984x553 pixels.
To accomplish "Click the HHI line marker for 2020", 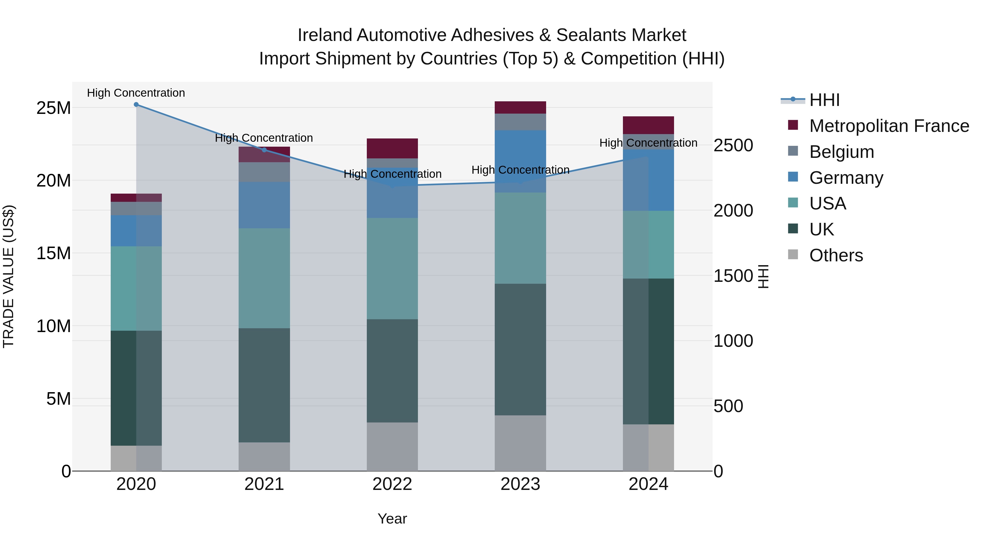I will pos(136,105).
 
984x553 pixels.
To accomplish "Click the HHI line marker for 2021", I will pos(264,150).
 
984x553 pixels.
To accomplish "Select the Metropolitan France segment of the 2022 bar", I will pos(392,149).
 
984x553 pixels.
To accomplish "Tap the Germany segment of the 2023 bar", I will pos(520,161).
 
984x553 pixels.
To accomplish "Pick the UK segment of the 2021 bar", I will pos(264,385).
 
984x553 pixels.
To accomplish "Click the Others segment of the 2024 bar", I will pos(648,447).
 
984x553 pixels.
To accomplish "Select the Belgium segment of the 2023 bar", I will pos(520,122).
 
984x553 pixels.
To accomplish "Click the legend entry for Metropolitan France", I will pos(889,126).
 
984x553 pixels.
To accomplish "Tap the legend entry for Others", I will pos(836,255).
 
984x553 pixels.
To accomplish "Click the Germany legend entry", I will pos(846,178).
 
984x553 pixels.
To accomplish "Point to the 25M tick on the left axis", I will pos(54,108).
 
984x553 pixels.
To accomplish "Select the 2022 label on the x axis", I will pos(392,484).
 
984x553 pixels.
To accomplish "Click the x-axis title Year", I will pos(392,519).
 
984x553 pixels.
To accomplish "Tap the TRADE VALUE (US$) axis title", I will pos(8,276).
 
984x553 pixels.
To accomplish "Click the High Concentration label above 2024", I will pos(648,143).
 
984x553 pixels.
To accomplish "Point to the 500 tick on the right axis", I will pos(728,406).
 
